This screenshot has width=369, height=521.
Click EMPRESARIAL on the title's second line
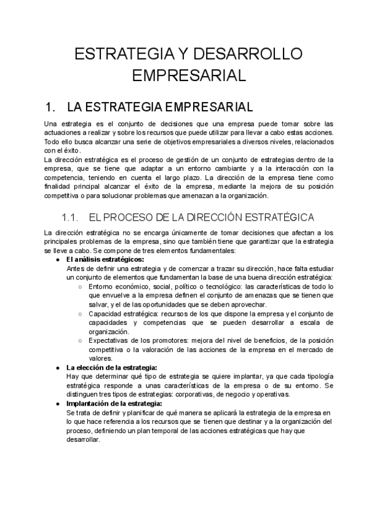189,76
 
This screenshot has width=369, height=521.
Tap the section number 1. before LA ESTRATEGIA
52,107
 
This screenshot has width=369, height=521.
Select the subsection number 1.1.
71,217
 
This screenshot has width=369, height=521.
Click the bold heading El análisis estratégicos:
105,259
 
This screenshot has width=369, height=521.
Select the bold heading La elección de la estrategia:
112,367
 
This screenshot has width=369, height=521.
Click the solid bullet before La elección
58,367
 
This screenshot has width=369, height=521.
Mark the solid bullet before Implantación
58,404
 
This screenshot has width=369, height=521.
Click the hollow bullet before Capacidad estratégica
81,313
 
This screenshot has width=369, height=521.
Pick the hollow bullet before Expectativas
81,340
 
